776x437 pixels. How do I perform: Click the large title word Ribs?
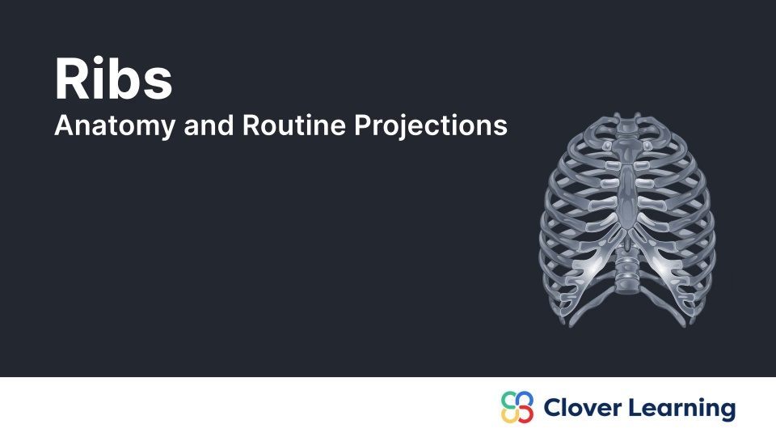[113, 79]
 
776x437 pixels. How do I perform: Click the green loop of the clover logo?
[509, 399]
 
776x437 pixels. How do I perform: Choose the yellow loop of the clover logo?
[509, 415]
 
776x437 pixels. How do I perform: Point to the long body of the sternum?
[626, 194]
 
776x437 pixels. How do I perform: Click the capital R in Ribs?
[70, 79]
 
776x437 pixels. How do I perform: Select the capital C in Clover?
[552, 407]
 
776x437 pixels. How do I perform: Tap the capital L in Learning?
[638, 407]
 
